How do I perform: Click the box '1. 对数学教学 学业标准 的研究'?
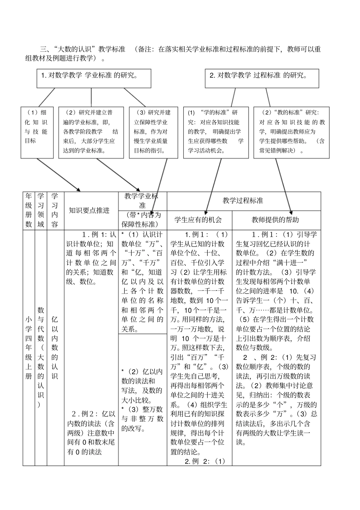pos(94,78)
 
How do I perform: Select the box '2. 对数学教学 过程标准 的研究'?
pos(261,78)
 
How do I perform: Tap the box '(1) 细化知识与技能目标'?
pos(37,132)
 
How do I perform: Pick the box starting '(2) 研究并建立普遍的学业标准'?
pos(91,132)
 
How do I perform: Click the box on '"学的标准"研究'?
pos(216,132)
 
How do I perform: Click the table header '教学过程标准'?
pos(243,201)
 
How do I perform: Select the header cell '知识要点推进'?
pos(91,210)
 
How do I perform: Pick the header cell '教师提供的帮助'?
pos(276,220)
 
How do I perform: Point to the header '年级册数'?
pos(29,210)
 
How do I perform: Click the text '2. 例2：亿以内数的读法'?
pos(91,433)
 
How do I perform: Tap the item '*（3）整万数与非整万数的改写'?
pos(142,419)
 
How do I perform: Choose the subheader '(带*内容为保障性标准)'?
pos(142,220)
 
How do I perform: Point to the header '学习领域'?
pos(41,210)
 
